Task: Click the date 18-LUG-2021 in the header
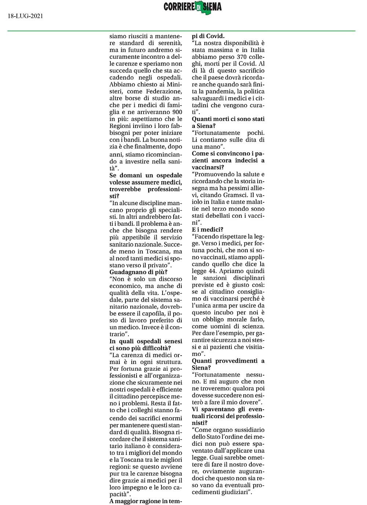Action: tap(25, 16)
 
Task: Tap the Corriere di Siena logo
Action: tap(193, 7)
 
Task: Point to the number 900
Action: tap(177, 112)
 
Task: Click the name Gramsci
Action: tap(235, 195)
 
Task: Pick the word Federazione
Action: tap(164, 91)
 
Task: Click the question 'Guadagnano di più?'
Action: tap(138, 272)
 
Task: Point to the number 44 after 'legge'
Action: tap(212, 271)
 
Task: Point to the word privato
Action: tap(158, 265)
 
